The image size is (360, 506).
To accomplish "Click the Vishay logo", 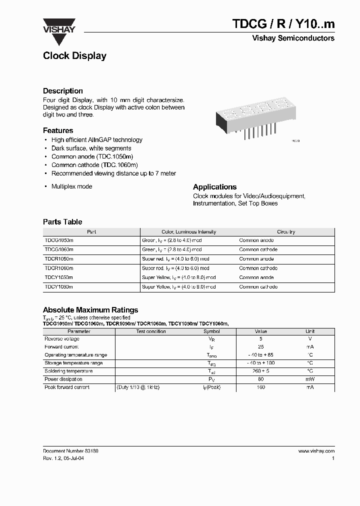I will (59, 25).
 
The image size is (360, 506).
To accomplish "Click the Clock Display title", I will (74, 56).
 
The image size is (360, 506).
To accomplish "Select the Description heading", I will (63, 91).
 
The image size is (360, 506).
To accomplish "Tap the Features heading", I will (58, 130).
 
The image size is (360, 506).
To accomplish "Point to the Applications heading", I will (214, 187).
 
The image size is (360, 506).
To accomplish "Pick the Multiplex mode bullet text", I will (71, 186).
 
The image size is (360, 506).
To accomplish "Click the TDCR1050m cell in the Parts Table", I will (59, 259).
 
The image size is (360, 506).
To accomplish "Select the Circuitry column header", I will (286, 232).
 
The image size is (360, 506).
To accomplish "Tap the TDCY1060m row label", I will (59, 287).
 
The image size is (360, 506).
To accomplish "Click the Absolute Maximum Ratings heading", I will (90, 310).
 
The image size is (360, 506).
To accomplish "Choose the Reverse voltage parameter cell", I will (61, 339).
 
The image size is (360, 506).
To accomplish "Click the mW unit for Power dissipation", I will (310, 379).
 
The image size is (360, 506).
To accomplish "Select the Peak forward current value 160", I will (261, 387).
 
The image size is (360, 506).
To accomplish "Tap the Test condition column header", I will (150, 331).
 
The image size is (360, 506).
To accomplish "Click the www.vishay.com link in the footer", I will (316, 451).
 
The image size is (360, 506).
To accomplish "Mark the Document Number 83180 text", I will (70, 451).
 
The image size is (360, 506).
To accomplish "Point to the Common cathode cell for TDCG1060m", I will (258, 249).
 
